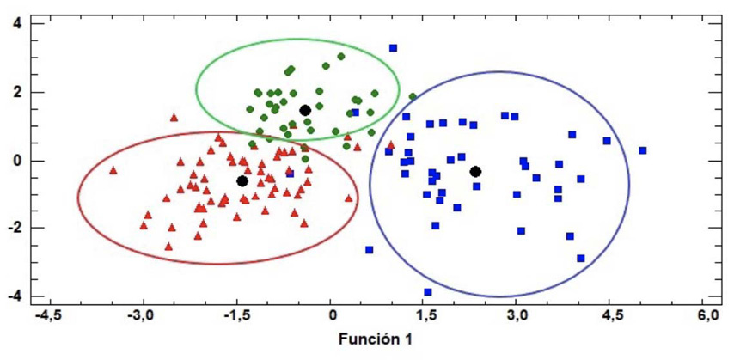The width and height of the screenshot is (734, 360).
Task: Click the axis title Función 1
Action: [374, 339]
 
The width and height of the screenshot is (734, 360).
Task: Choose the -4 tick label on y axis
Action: [12, 296]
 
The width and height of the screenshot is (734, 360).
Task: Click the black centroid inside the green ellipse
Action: [305, 111]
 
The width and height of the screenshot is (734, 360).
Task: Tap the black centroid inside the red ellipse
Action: [242, 180]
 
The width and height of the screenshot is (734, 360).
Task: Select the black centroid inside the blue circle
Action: [475, 172]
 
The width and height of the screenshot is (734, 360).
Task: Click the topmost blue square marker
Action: [393, 48]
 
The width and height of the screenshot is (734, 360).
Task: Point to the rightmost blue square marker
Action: [642, 150]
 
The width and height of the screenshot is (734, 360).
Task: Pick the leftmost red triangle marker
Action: [113, 170]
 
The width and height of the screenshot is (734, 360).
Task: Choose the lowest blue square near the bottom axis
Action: [427, 292]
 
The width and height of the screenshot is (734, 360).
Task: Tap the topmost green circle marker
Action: [341, 57]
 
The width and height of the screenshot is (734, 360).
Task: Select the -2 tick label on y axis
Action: [12, 228]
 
